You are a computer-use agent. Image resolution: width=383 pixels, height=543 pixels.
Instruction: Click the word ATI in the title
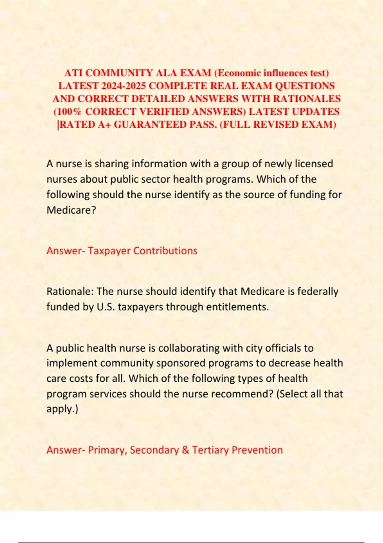click(x=73, y=73)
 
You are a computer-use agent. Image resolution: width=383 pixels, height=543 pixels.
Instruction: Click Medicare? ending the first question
click(x=71, y=210)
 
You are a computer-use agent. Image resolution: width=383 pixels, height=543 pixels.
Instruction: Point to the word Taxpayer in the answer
click(x=109, y=251)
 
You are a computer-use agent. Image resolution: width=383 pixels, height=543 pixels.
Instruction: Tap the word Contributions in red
click(x=165, y=251)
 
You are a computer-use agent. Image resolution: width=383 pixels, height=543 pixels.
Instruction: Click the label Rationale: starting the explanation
click(x=70, y=292)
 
